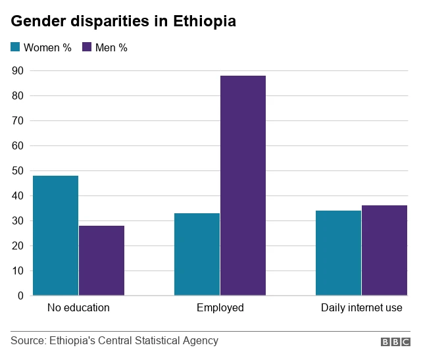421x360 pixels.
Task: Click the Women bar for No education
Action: pyautogui.click(x=55, y=236)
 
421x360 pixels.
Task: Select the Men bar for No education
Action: pyautogui.click(x=101, y=261)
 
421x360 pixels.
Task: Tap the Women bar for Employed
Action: pyautogui.click(x=197, y=254)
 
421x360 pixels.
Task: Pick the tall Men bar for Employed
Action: pyautogui.click(x=243, y=186)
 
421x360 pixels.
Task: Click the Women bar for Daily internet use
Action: pyautogui.click(x=338, y=253)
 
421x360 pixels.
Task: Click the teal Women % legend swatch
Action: pyautogui.click(x=16, y=47)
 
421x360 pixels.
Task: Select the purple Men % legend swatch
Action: pyautogui.click(x=87, y=47)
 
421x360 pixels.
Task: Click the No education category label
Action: pyautogui.click(x=78, y=307)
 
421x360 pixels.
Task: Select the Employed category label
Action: pyautogui.click(x=220, y=307)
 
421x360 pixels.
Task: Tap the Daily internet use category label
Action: pyautogui.click(x=361, y=307)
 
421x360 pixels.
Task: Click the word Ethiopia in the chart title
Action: pyautogui.click(x=205, y=22)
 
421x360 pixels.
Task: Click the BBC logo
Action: pyautogui.click(x=395, y=342)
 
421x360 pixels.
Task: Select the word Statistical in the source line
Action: pyautogui.click(x=155, y=340)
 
